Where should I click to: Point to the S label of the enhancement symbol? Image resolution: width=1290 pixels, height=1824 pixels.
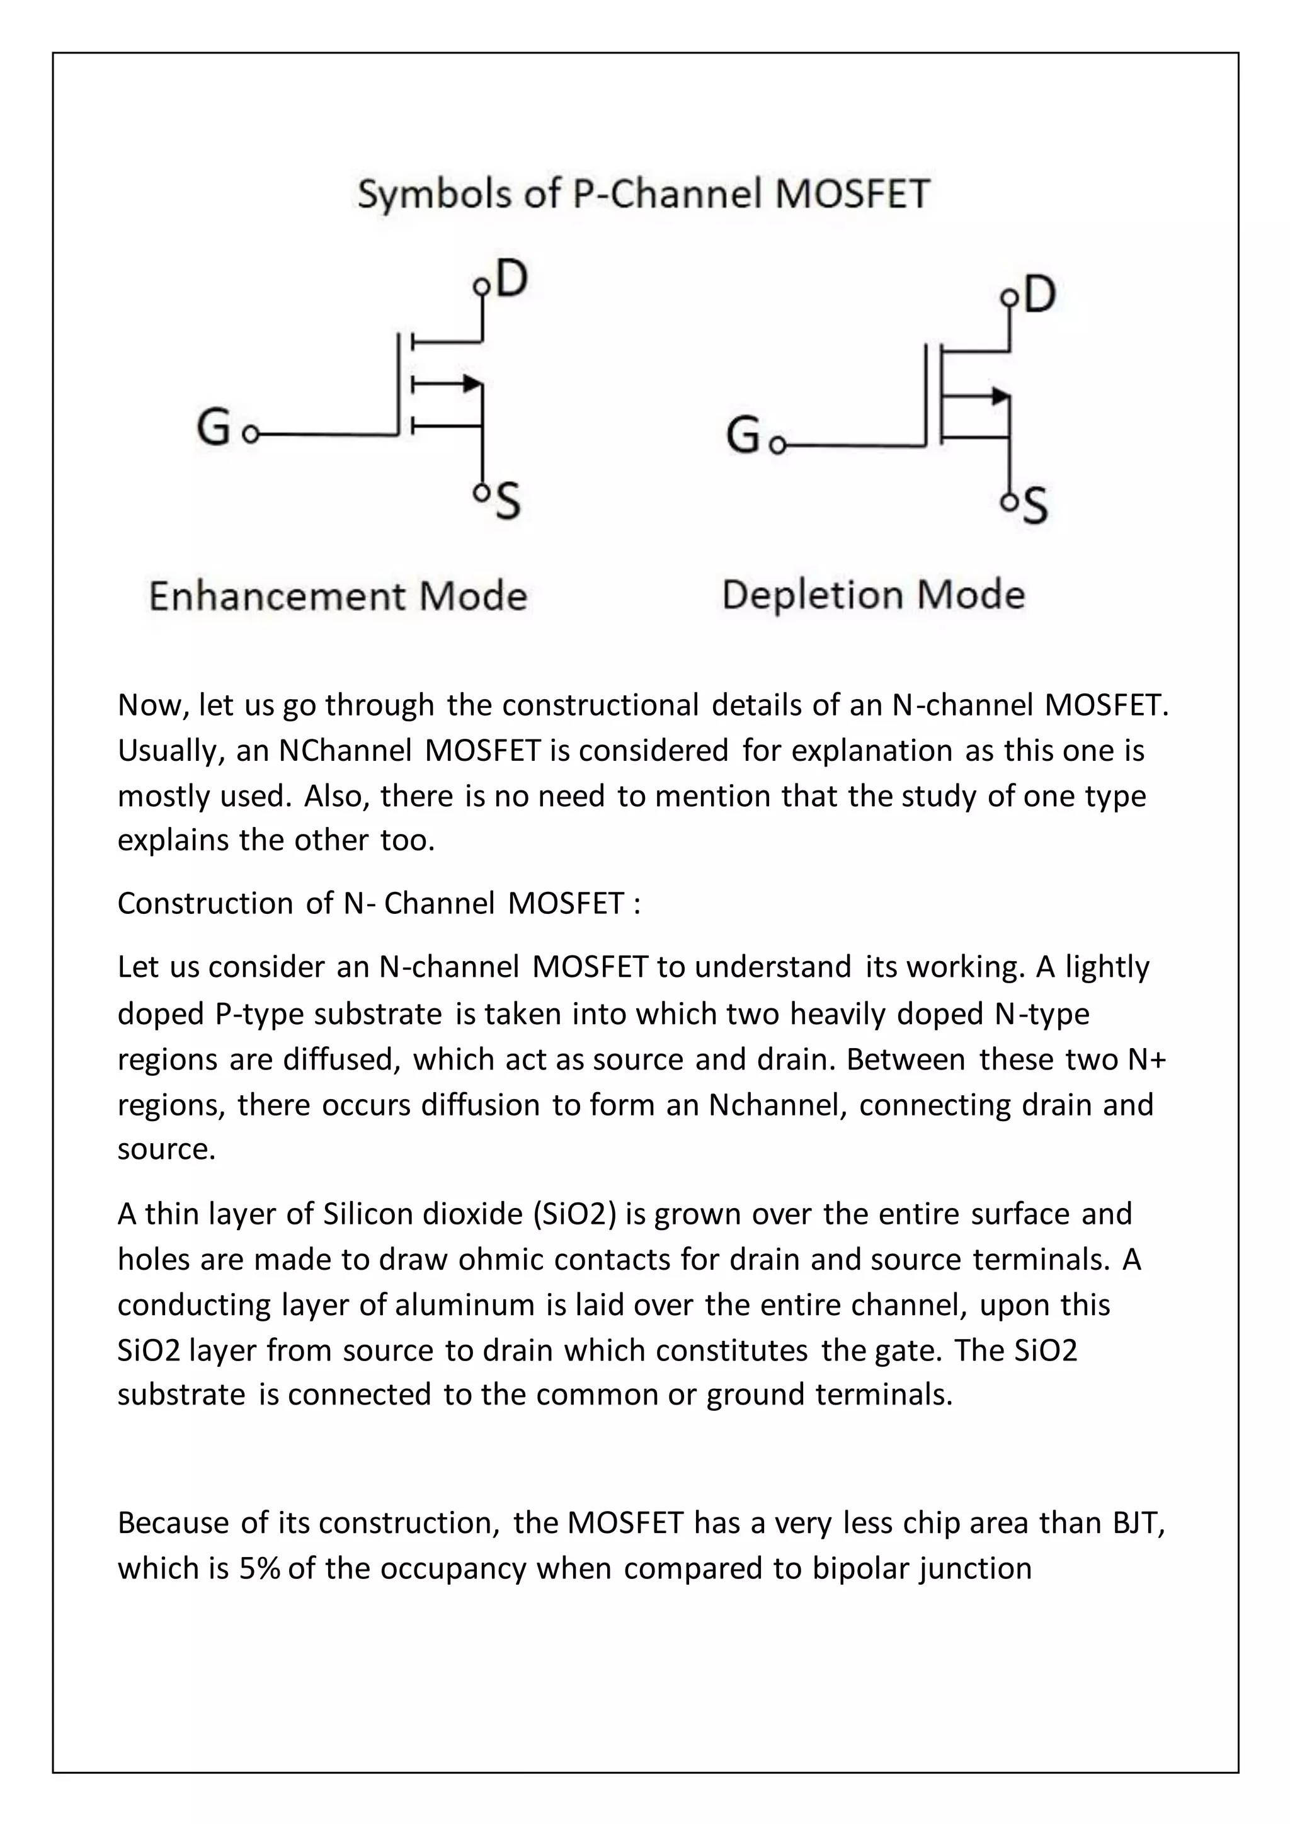tap(508, 503)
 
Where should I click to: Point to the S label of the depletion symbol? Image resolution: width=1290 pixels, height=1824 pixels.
tap(1035, 507)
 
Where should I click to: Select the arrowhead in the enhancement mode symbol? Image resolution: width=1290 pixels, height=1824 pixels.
tap(472, 384)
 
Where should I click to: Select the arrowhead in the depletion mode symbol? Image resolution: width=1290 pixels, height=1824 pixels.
tap(1000, 395)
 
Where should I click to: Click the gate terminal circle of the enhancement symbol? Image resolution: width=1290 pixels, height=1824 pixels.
tap(251, 435)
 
